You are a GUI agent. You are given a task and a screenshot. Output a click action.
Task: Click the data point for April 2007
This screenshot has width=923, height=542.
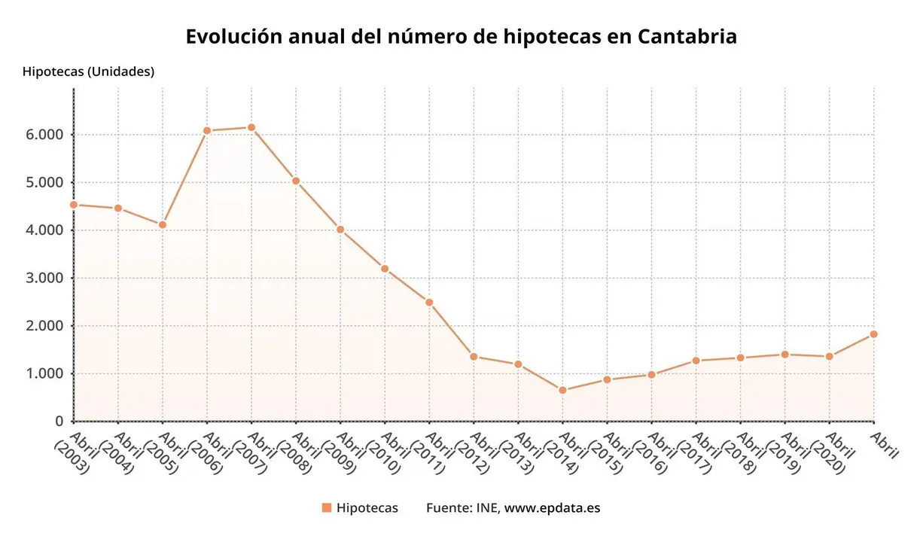point(251,127)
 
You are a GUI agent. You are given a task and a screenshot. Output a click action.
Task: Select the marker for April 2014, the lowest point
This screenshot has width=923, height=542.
point(562,390)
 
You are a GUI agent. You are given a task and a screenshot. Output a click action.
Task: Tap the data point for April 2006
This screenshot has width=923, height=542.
point(207,131)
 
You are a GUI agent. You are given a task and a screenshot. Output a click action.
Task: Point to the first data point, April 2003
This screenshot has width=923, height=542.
point(74,204)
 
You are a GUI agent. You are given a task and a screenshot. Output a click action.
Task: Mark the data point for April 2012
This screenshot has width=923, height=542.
point(474,356)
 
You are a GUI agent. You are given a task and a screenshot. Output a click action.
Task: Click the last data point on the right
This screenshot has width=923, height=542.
point(873,334)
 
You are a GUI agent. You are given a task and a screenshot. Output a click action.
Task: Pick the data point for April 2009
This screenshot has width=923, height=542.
point(340,230)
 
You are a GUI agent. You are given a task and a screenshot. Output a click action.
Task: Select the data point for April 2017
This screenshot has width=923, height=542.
point(696,361)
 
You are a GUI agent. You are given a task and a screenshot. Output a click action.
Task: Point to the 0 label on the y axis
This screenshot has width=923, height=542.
point(59,422)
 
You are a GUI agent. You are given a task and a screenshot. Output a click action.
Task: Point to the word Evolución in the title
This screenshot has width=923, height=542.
point(233,37)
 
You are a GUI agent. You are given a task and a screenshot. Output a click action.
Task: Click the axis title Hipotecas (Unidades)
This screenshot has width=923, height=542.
point(88,72)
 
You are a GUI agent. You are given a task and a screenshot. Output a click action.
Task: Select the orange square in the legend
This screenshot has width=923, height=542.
point(327,508)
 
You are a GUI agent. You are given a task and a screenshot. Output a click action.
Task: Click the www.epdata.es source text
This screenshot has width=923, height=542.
point(552,508)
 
